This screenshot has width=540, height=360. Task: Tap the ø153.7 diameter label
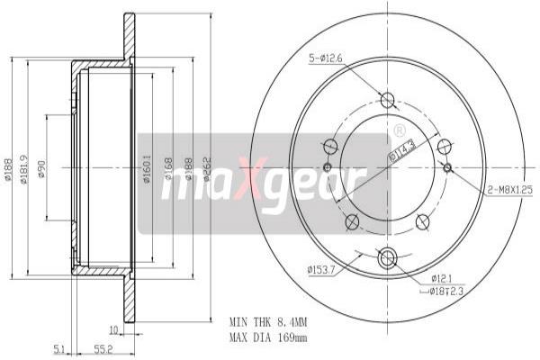[322, 269]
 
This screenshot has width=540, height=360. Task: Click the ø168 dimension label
[167, 172]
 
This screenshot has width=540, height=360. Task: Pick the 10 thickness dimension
[115, 328]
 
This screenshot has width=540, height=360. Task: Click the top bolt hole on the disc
[388, 101]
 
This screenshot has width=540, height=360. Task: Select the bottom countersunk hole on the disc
[388, 259]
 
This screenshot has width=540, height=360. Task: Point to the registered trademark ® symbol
[400, 130]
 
